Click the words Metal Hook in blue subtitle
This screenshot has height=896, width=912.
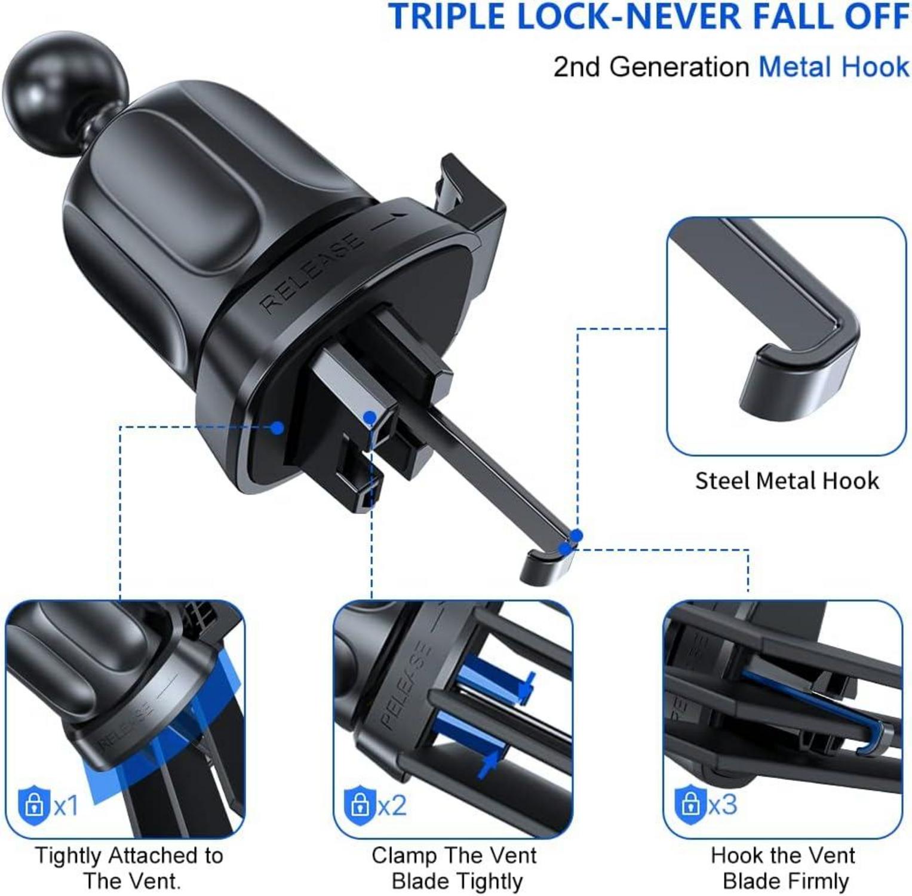tap(834, 66)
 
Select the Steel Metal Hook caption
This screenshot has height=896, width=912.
tap(787, 481)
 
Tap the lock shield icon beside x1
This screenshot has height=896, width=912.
tap(34, 805)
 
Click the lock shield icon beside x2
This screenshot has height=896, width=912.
tap(360, 804)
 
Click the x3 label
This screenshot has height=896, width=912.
tap(723, 804)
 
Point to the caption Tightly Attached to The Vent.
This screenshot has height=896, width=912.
tap(130, 868)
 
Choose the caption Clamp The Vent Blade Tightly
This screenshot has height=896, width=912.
tap(455, 868)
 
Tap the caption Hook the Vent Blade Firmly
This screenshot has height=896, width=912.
tap(784, 868)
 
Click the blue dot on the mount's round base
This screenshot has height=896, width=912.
tap(277, 427)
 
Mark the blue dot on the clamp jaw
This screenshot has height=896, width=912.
tap(370, 416)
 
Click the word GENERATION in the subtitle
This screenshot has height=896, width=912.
tap(680, 67)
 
